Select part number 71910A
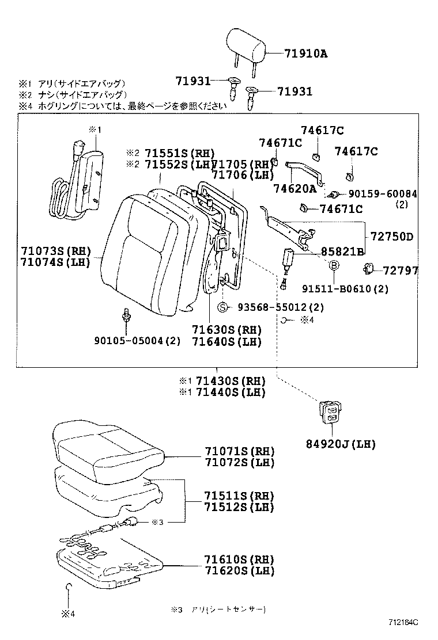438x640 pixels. coord(305,54)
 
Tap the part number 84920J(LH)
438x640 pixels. coord(341,444)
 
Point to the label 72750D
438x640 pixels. coord(391,237)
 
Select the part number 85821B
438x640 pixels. coord(342,252)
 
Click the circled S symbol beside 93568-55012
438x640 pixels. coord(222,307)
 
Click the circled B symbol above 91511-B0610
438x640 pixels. coord(334,265)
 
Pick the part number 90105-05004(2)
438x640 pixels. coord(138,340)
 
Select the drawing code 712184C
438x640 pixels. coord(402,622)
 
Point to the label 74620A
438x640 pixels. coord(295,188)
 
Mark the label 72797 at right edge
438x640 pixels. coord(400,270)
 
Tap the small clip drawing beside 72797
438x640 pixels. coord(369,268)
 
